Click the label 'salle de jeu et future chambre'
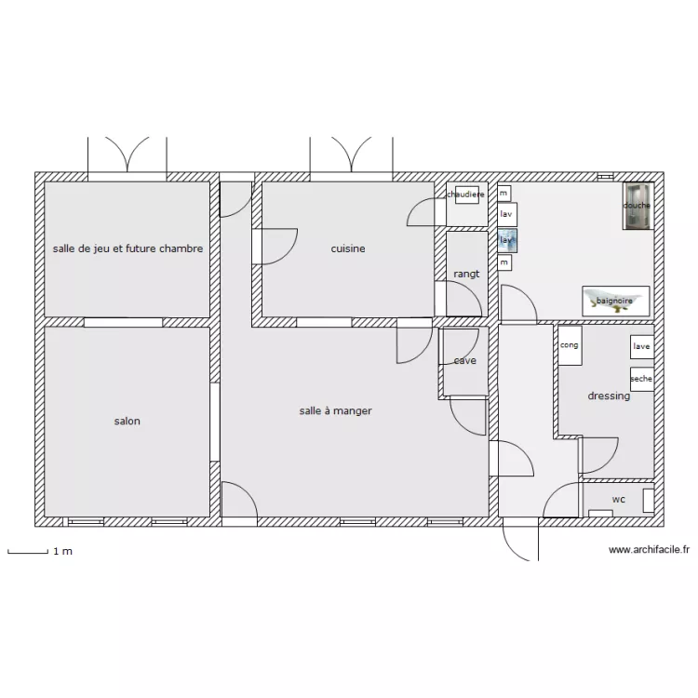pyautogui.click(x=128, y=248)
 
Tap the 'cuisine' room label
pyautogui.click(x=348, y=248)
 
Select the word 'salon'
pyautogui.click(x=128, y=422)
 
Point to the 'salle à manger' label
pyautogui.click(x=336, y=410)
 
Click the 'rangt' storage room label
pyautogui.click(x=466, y=274)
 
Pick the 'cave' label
pyautogui.click(x=465, y=361)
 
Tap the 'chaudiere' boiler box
pyautogui.click(x=465, y=195)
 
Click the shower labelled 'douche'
pyautogui.click(x=638, y=206)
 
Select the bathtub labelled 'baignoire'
pyautogui.click(x=615, y=301)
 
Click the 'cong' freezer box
pyautogui.click(x=570, y=345)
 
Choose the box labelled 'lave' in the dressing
pyautogui.click(x=641, y=347)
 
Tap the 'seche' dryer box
pyautogui.click(x=641, y=379)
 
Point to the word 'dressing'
pyautogui.click(x=609, y=396)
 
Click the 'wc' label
pyautogui.click(x=618, y=500)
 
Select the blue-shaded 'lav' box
pyautogui.click(x=507, y=240)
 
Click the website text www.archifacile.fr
pyautogui.click(x=649, y=550)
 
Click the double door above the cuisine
pyautogui.click(x=351, y=155)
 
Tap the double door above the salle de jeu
pyautogui.click(x=128, y=155)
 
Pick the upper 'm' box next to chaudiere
pyautogui.click(x=503, y=193)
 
